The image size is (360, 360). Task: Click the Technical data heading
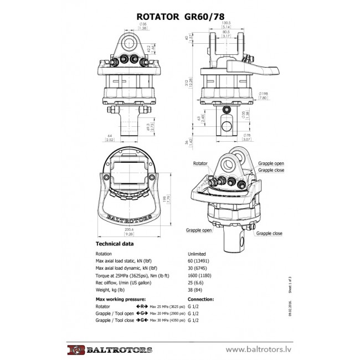(x=115, y=244)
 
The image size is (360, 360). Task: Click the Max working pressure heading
(x=121, y=299)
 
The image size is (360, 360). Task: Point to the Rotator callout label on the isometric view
(x=200, y=164)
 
